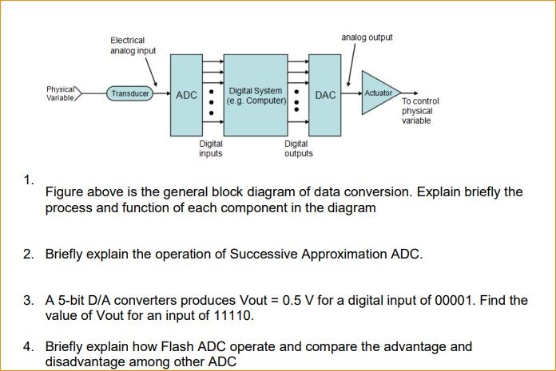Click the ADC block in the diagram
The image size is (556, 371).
point(186,95)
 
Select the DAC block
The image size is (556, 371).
point(325,95)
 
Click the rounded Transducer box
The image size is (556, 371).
point(130,94)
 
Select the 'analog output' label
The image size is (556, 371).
point(367,37)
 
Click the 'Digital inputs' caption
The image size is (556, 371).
point(211,148)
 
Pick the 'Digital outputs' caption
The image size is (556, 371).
point(298,148)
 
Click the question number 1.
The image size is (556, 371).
point(28,180)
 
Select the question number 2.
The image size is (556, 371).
point(28,255)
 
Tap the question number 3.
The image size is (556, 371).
point(28,301)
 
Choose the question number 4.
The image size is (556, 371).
point(28,347)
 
